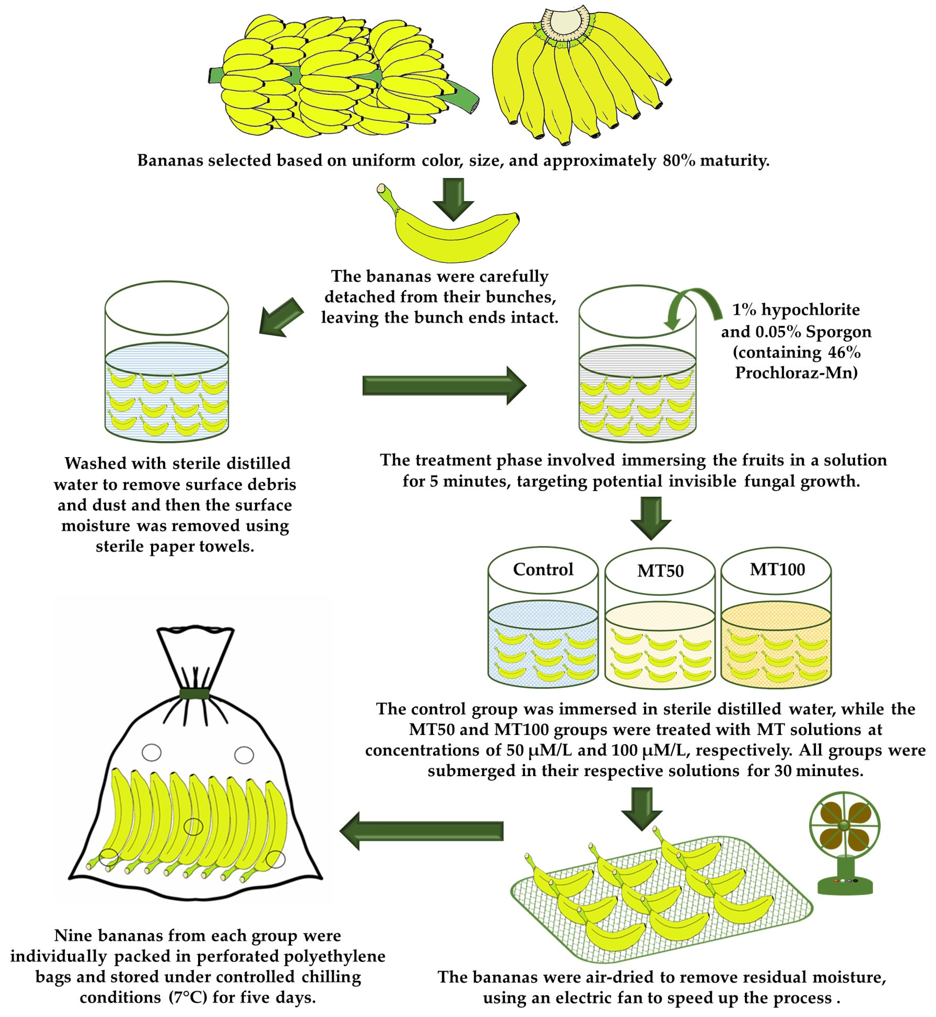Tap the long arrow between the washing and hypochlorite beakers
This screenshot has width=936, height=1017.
[444, 386]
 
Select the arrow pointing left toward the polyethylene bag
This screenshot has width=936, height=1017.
[421, 831]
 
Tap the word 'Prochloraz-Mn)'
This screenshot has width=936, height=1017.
[796, 373]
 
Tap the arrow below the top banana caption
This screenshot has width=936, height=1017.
[453, 199]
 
